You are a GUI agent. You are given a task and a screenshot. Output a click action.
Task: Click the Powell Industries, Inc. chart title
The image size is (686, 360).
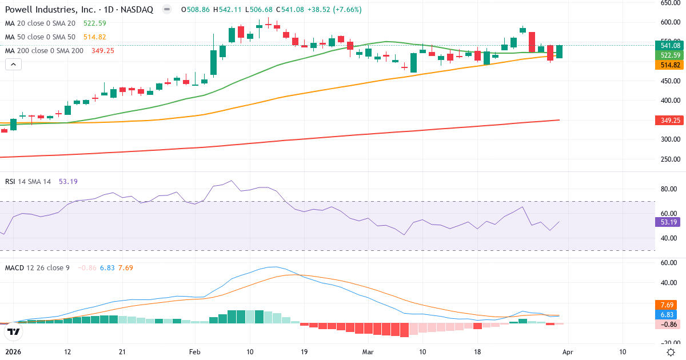pos(80,10)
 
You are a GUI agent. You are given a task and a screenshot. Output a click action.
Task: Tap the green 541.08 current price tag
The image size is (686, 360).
pos(669,45)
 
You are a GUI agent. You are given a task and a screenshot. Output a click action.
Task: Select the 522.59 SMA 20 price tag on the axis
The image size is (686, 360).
pos(669,55)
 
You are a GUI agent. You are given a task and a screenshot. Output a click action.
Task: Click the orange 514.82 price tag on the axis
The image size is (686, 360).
pos(669,65)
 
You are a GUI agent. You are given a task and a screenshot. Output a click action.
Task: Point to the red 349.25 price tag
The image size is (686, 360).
pos(669,120)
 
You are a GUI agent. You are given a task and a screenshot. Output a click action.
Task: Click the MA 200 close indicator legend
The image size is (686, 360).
pos(45,50)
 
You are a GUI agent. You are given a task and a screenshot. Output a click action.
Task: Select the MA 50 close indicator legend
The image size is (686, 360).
pos(41,37)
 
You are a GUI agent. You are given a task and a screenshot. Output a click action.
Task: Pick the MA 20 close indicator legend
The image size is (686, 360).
pos(41,23)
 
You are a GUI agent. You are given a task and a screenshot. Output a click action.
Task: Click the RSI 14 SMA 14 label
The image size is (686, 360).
pos(28,181)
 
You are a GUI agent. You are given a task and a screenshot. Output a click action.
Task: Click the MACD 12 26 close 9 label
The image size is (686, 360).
pos(37,267)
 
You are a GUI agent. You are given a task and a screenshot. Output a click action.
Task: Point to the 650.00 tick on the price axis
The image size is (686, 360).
pos(669,3)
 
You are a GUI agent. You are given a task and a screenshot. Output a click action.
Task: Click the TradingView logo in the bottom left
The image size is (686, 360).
pos(14,331)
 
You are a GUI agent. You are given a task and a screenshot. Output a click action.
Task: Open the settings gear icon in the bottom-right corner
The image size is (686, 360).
pos(671,352)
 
